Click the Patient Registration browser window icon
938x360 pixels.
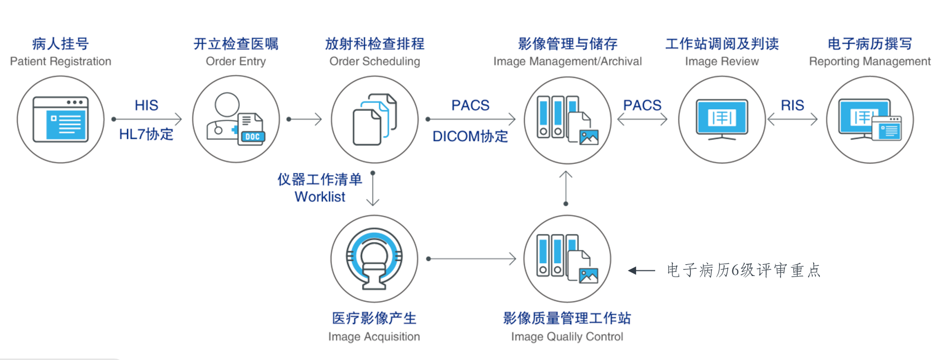[x=61, y=120]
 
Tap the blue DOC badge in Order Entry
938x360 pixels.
[x=252, y=137]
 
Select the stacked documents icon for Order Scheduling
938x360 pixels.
[x=374, y=120]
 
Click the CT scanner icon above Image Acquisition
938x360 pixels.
[x=374, y=258]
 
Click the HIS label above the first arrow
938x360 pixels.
[x=147, y=105]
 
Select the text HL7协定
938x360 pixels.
[x=147, y=134]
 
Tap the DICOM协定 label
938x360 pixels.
[x=470, y=136]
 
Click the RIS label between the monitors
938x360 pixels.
[x=792, y=105]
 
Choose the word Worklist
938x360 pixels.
[x=320, y=197]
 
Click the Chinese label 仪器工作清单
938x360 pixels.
[x=320, y=179]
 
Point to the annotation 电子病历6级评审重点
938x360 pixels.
[x=744, y=270]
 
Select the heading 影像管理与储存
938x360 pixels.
[x=568, y=44]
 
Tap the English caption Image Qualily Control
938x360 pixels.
[x=567, y=337]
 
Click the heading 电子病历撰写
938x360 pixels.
[x=870, y=44]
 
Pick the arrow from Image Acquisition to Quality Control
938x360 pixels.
[x=471, y=258]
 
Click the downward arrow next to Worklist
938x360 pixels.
[x=373, y=189]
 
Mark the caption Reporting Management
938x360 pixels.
[x=870, y=62]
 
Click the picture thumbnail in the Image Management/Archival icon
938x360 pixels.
[x=589, y=137]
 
